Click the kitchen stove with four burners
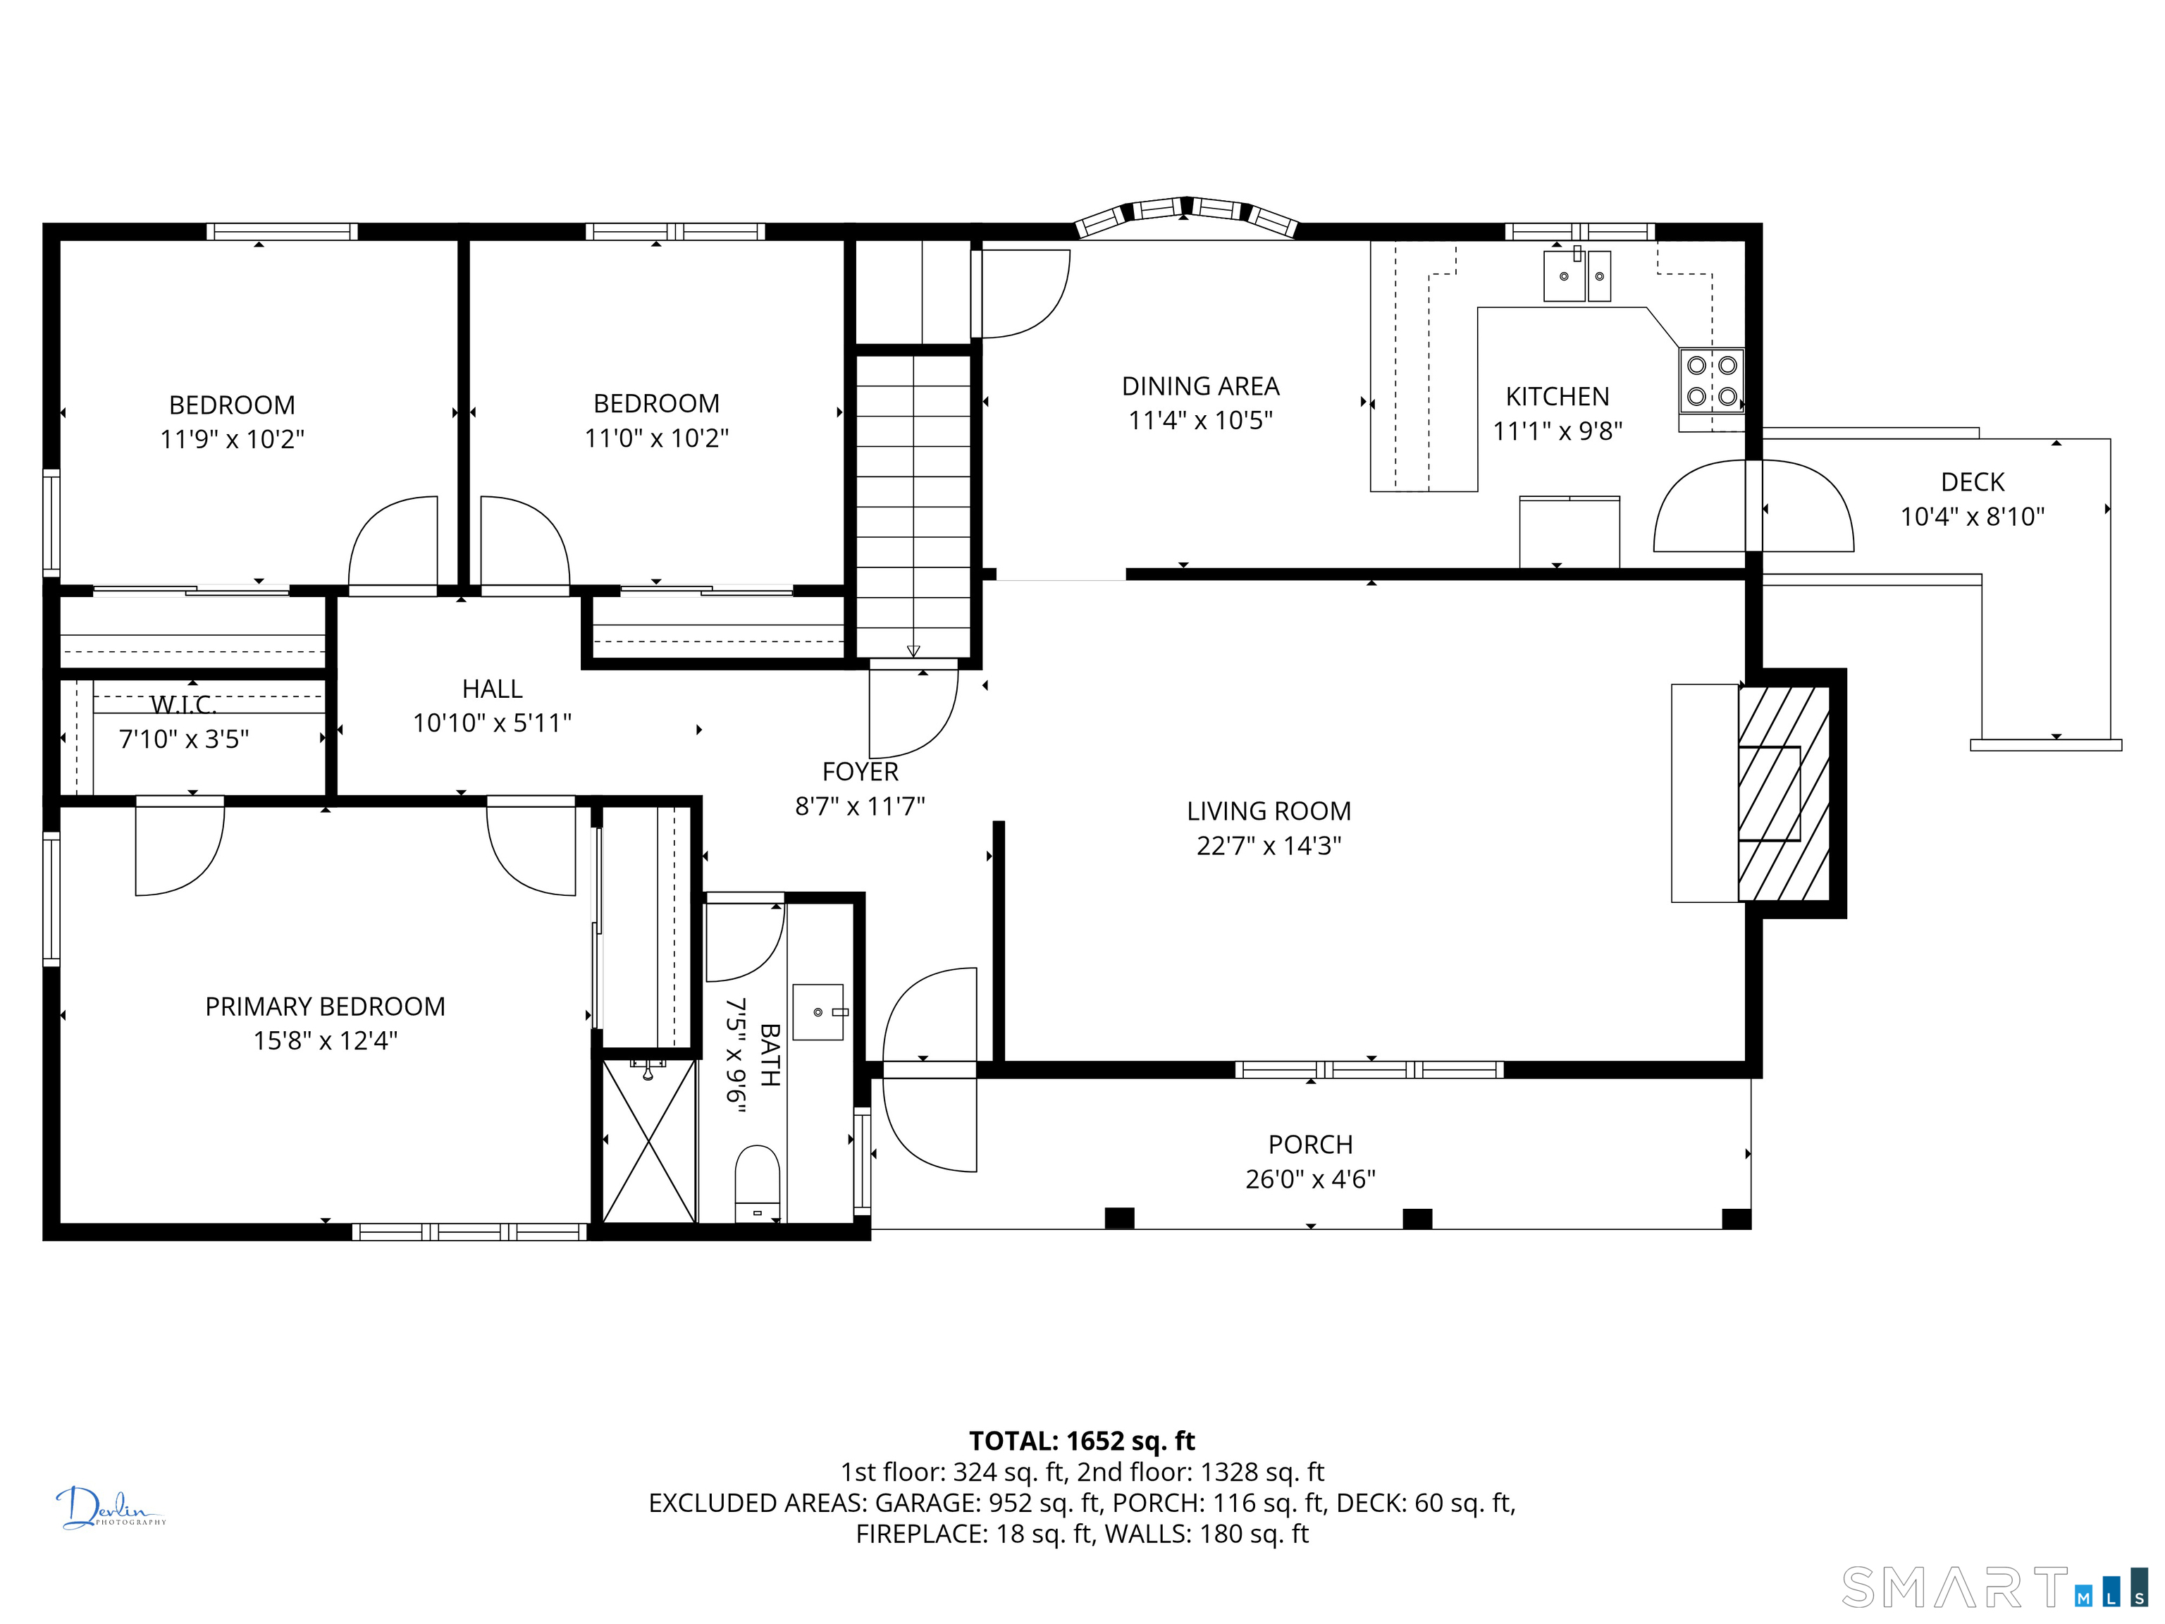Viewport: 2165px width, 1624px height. tap(1712, 381)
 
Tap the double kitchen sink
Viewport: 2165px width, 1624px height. tap(1577, 276)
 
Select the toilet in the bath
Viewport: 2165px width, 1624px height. tap(758, 1183)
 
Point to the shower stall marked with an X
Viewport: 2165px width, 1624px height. tap(648, 1140)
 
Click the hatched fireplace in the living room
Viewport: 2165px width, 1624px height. tap(1783, 793)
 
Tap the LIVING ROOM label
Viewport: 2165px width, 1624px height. tap(1269, 811)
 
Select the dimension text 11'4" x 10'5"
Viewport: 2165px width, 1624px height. tap(1200, 421)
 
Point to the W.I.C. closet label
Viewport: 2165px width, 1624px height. tap(184, 705)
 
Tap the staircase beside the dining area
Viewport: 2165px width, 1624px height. tap(913, 506)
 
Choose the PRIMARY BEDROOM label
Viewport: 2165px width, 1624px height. tap(325, 1007)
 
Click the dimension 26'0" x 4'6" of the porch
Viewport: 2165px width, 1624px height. tap(1311, 1179)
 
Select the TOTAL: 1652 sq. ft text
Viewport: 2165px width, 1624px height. tap(1082, 1441)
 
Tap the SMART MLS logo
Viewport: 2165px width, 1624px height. tap(1994, 1588)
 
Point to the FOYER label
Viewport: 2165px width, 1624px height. tap(861, 773)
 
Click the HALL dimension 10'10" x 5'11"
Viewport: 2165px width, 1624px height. tap(493, 723)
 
